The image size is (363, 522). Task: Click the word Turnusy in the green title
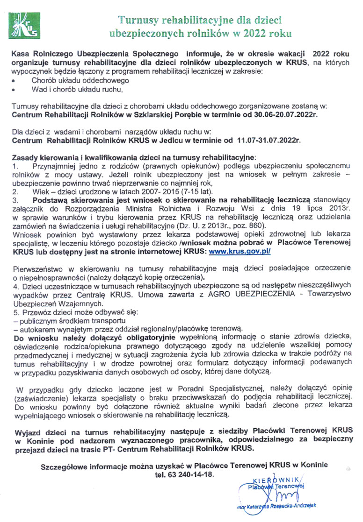point(137,20)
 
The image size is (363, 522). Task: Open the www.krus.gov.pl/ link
point(240,251)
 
